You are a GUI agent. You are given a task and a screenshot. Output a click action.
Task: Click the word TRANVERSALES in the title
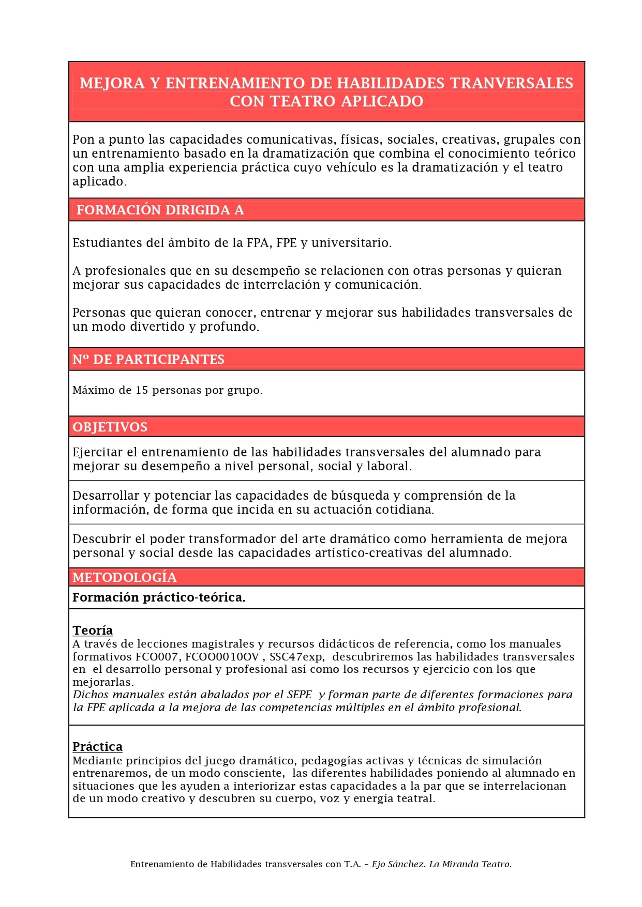512,83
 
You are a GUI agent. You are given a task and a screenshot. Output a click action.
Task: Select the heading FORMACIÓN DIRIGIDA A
160,210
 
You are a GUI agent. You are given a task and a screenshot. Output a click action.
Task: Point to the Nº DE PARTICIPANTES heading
148,359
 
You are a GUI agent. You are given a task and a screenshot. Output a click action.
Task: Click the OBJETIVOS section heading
110,427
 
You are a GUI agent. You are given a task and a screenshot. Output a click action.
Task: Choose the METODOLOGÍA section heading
124,577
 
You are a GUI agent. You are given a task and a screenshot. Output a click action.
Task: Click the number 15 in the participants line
142,390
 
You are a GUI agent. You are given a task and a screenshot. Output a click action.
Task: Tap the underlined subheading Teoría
93,630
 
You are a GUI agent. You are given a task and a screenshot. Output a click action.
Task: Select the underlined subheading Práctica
97,746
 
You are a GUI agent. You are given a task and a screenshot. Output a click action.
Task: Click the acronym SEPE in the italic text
300,695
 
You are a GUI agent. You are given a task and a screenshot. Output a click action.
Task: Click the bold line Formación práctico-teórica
159,597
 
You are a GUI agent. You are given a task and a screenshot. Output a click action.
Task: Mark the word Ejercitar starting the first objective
98,452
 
